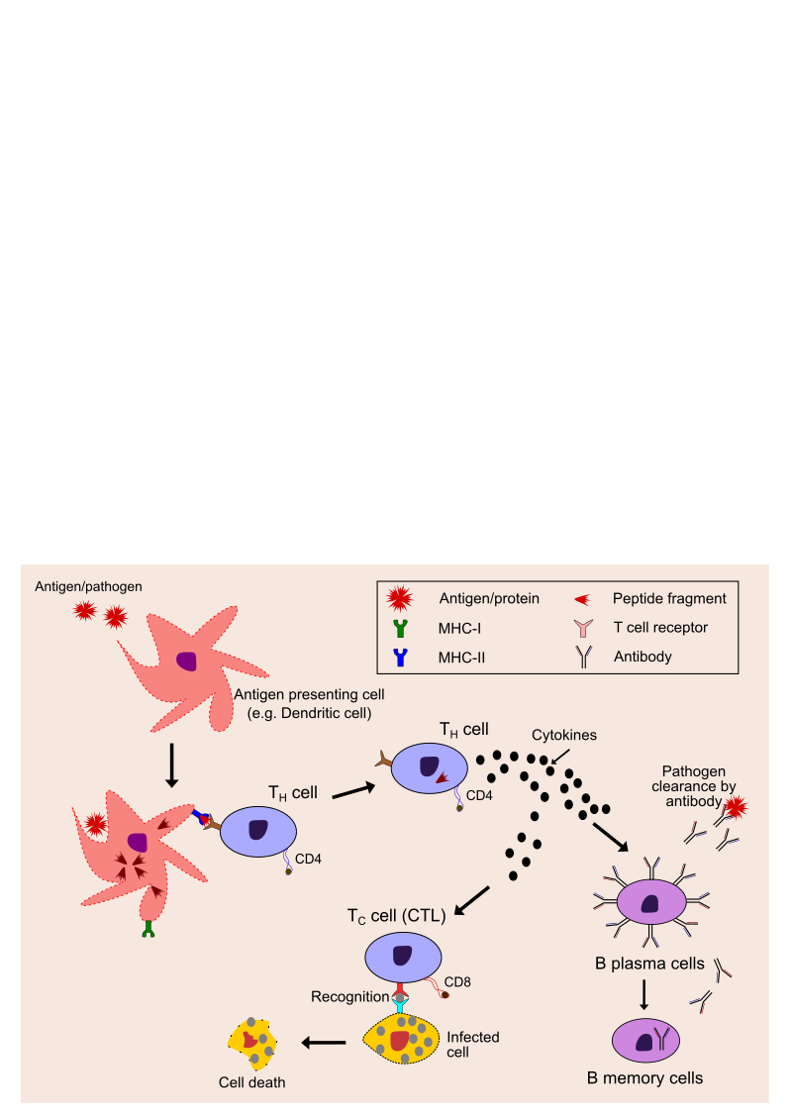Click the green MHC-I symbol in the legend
click(400, 628)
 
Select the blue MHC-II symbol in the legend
click(400, 657)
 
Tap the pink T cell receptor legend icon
click(583, 628)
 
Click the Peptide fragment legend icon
click(582, 599)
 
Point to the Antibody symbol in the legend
click(583, 657)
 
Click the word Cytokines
click(564, 736)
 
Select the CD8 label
click(457, 982)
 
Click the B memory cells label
click(646, 1077)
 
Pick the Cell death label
click(251, 1082)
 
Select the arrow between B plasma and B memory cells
click(644, 994)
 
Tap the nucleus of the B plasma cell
click(650, 903)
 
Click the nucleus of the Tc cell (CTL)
click(403, 956)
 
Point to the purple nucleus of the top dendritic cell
click(186, 662)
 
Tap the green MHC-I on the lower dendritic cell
click(148, 929)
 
